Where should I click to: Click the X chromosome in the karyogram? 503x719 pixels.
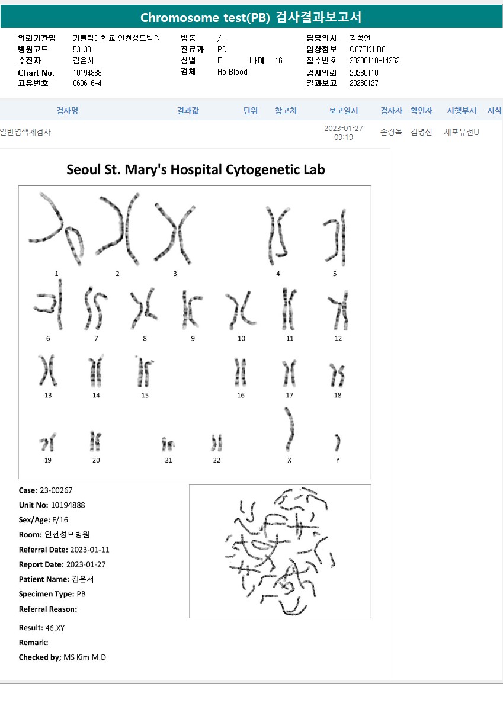click(290, 429)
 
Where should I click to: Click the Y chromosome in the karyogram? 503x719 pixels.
click(337, 442)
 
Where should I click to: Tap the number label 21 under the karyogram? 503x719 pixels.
click(168, 460)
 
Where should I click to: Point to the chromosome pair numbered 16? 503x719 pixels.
click(241, 373)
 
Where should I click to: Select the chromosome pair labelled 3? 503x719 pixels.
click(175, 234)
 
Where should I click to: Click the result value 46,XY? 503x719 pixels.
click(55, 628)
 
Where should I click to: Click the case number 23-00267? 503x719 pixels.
click(56, 490)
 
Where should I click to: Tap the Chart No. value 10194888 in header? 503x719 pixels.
click(87, 73)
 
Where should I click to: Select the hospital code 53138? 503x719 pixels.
click(82, 49)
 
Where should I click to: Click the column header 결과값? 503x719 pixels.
click(188, 111)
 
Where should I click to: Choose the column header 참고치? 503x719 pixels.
click(286, 111)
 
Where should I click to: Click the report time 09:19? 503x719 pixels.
click(344, 137)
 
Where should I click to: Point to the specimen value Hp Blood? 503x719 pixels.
click(232, 72)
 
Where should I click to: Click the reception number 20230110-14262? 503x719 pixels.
click(374, 60)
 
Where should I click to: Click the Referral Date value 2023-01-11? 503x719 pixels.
click(90, 550)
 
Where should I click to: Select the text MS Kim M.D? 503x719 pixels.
click(85, 657)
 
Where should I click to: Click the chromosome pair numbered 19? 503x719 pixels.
click(47, 442)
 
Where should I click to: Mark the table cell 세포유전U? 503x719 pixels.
click(462, 132)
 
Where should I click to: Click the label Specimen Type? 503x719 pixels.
click(47, 594)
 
